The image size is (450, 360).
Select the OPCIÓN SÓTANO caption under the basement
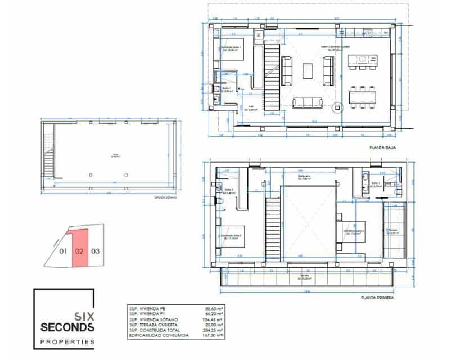165,198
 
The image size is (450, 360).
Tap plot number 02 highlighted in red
79,251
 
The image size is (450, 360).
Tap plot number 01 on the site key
63,251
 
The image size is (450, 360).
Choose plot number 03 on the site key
95,251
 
